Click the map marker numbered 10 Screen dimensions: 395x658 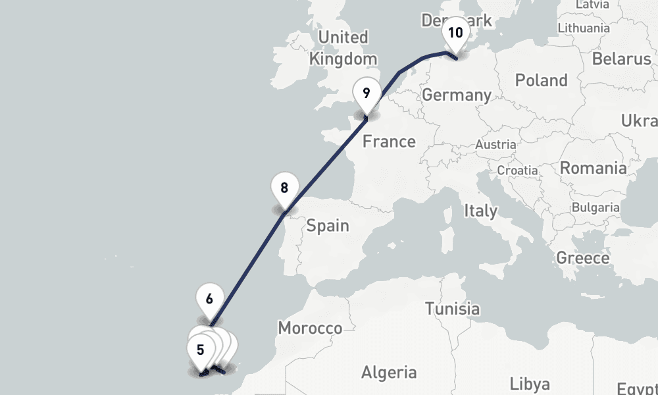pos(455,34)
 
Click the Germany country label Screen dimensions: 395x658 pos(457,95)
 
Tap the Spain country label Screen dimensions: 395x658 pos(328,226)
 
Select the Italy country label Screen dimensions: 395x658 pos(480,211)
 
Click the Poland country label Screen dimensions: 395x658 pos(541,81)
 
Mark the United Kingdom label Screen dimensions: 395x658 pos(343,48)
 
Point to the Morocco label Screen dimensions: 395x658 pos(310,328)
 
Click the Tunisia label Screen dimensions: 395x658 pos(452,309)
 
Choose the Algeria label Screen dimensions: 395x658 pos(389,372)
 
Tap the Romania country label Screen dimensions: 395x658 pos(593,168)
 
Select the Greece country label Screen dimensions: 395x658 pos(582,258)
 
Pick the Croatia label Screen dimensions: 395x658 pos(517,170)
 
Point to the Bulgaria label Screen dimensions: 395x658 pos(595,207)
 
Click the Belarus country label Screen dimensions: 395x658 pos(621,59)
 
